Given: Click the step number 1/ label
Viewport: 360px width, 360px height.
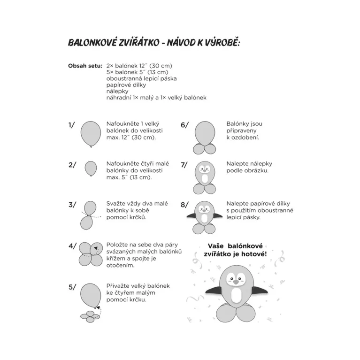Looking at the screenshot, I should [x=72, y=125].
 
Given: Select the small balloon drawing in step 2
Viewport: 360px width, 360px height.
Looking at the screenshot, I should [x=91, y=168].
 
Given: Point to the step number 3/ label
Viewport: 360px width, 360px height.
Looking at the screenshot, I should [x=72, y=205].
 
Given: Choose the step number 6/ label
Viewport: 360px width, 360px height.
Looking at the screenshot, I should [x=184, y=125].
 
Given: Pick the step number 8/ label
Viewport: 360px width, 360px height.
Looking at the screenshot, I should [x=184, y=205].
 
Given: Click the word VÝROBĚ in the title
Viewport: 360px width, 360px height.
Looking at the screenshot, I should [x=220, y=43].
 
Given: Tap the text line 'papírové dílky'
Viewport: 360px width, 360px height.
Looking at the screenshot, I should [x=126, y=85].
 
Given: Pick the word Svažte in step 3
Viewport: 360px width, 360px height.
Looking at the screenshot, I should [x=117, y=205].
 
